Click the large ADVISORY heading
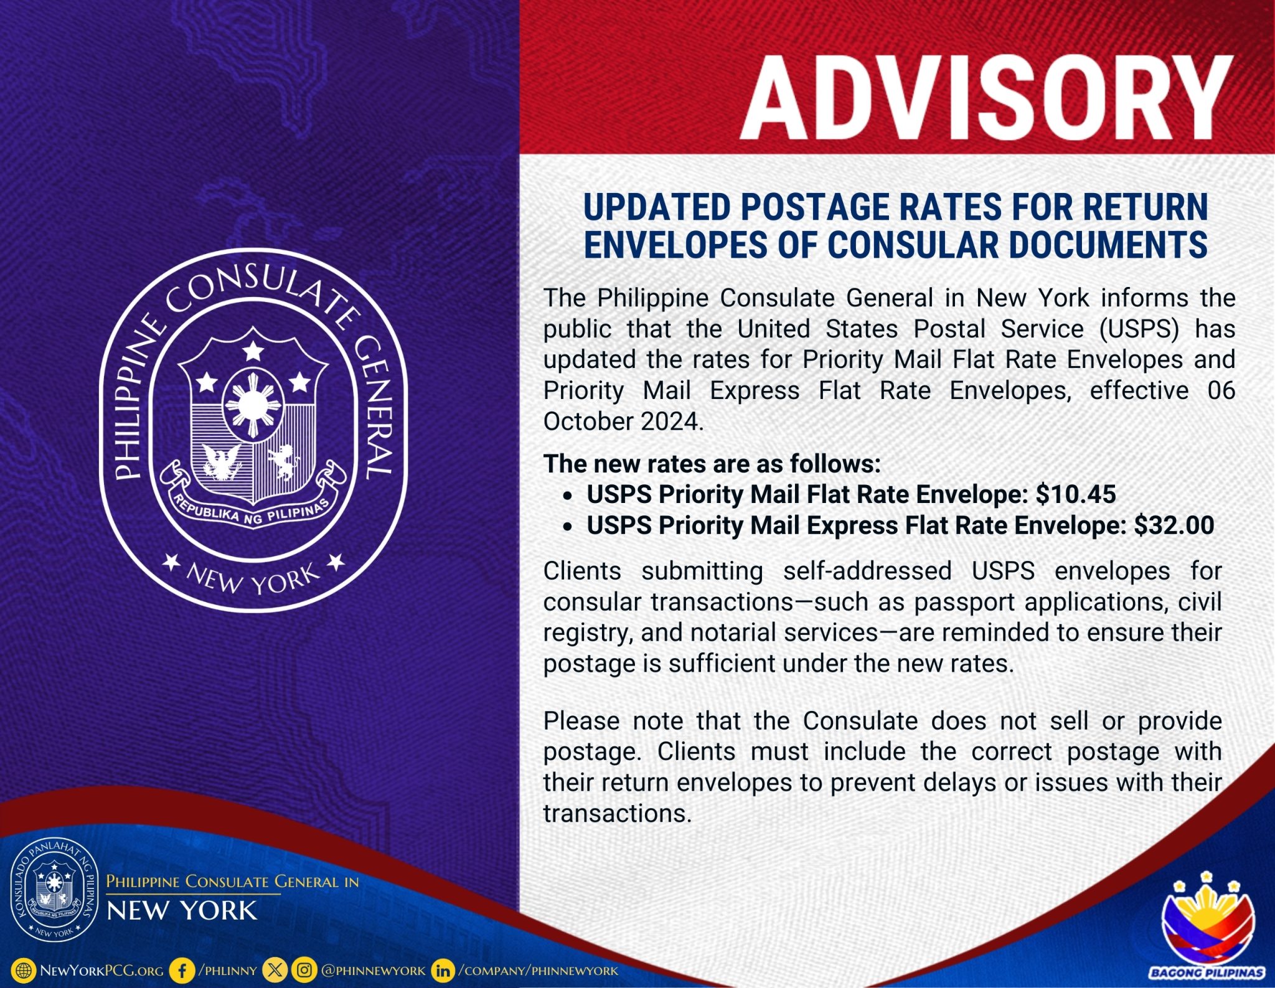coord(987,98)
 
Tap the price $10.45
coord(1076,494)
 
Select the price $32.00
coord(1174,525)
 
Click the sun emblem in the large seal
coord(252,405)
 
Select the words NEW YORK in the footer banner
coord(182,911)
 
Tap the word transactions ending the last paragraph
coord(618,814)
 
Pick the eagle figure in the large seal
coord(222,461)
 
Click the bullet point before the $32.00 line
coord(567,527)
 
